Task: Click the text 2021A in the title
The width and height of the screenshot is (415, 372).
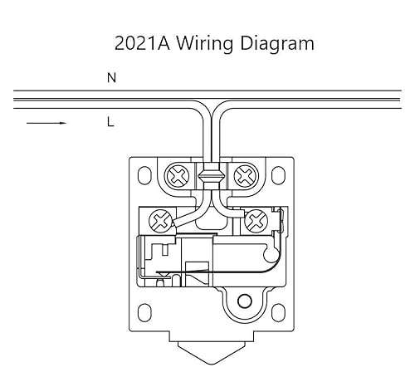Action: [144, 42]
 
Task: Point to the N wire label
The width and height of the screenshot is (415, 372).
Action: [111, 78]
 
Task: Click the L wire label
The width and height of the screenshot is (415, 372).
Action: [110, 123]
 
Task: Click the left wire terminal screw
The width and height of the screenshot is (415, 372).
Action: [159, 220]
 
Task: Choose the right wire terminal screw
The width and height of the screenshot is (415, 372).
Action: [256, 221]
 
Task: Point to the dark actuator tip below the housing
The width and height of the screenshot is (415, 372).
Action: [209, 363]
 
